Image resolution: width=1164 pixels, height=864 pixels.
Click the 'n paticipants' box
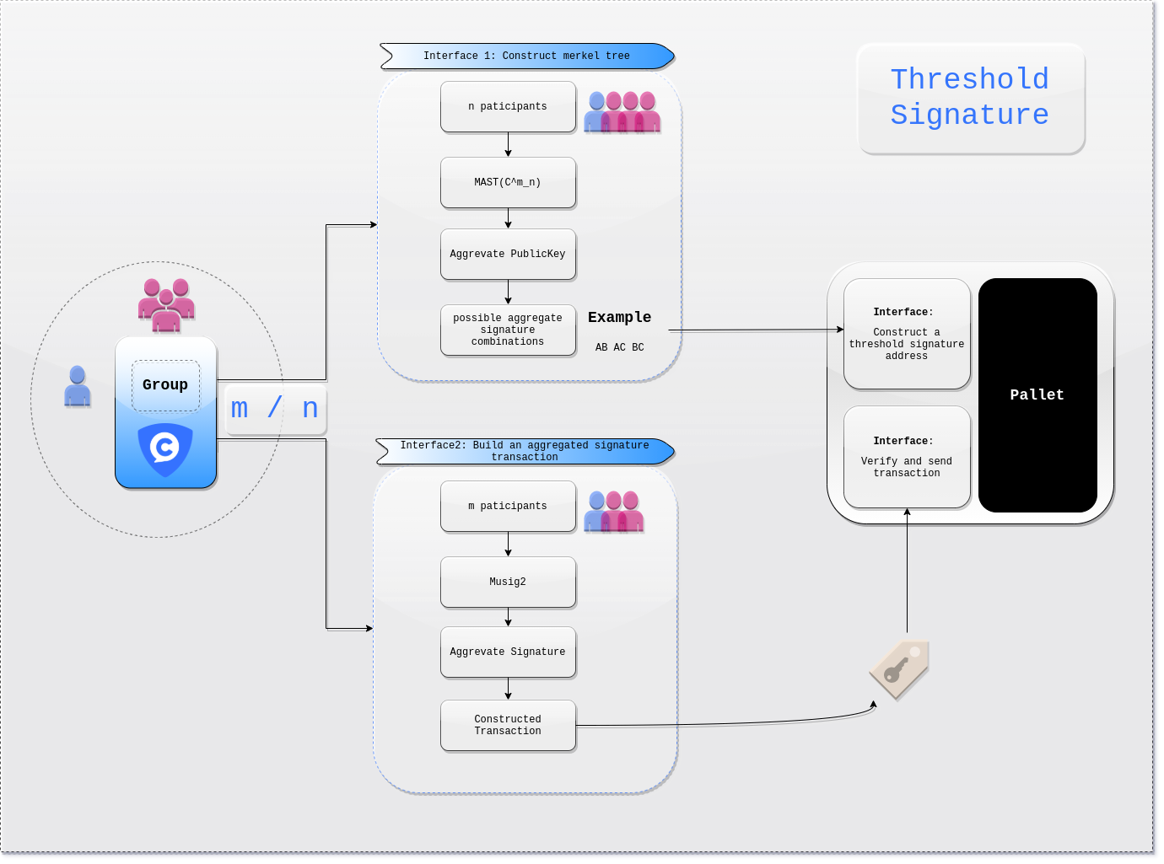[508, 106]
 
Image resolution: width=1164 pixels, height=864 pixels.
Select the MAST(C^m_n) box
[508, 183]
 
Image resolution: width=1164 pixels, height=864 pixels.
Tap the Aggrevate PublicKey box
[508, 254]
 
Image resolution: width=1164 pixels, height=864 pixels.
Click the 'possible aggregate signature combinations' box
[508, 330]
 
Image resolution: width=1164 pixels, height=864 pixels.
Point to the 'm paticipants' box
[508, 507]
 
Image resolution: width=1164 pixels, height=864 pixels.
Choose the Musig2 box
[508, 582]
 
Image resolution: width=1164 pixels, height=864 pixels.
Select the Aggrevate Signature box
[508, 652]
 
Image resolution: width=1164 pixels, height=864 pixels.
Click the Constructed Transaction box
[508, 726]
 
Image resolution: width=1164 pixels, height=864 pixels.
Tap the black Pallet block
[1037, 395]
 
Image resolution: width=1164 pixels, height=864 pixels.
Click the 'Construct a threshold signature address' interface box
[907, 334]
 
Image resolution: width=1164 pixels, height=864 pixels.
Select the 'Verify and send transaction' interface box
[907, 457]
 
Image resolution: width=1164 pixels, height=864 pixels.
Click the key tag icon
[899, 670]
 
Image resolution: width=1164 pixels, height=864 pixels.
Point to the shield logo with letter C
[165, 449]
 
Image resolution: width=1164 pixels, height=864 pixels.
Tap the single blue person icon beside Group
[77, 386]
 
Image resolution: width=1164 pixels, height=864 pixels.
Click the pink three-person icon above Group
[166, 305]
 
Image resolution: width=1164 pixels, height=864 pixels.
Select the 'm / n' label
[274, 409]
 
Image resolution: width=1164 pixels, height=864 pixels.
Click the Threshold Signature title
[970, 98]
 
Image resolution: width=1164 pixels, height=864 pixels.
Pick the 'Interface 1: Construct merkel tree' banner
[527, 56]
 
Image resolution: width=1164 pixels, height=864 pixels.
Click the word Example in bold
[619, 318]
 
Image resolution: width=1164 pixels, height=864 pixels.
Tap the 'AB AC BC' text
[619, 347]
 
